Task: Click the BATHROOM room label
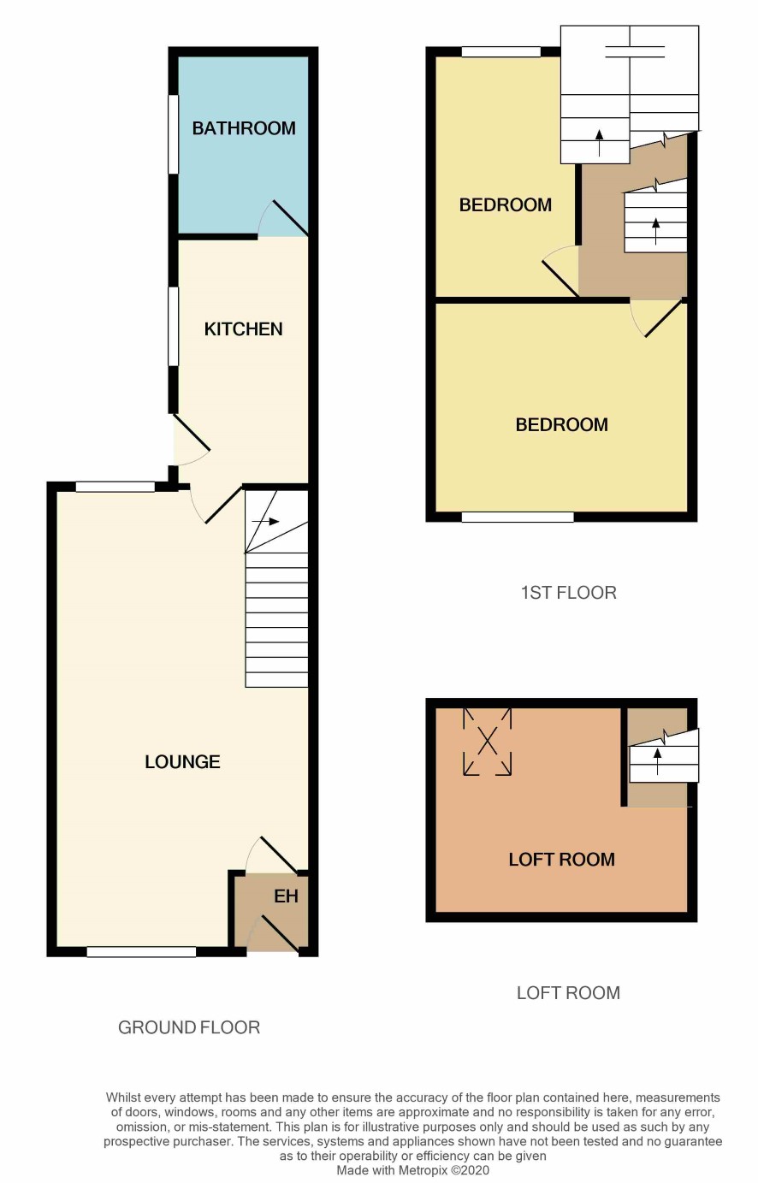[244, 128]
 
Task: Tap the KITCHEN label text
[243, 329]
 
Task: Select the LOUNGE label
[182, 761]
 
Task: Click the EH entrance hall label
[286, 896]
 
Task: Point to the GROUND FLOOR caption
[189, 1027]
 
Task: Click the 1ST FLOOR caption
[568, 593]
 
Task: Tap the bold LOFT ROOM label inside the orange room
[561, 860]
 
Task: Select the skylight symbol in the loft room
[487, 742]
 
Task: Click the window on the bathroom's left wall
[174, 133]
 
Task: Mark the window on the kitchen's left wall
[174, 326]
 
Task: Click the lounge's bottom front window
[141, 952]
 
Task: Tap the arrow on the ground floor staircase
[266, 522]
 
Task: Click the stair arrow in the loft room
[657, 761]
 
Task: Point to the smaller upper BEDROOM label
[505, 205]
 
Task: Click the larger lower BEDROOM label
[561, 424]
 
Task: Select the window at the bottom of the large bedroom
[518, 517]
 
